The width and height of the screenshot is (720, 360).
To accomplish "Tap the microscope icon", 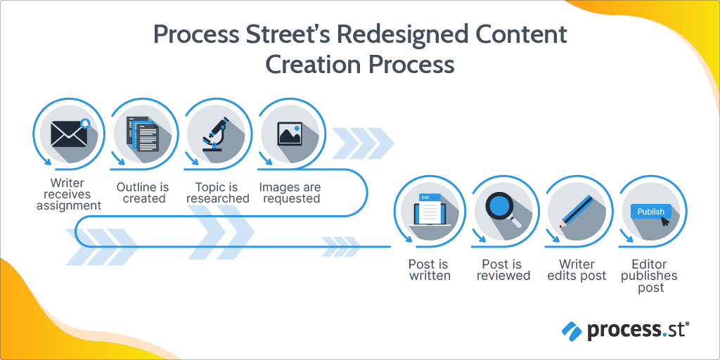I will tap(216, 132).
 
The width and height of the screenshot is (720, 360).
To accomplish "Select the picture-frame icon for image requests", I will tap(289, 132).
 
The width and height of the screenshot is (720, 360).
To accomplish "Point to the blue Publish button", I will tap(650, 211).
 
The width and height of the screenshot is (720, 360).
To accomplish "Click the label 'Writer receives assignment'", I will tap(69, 194).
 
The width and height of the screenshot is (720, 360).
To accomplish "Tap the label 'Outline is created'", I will tap(143, 193).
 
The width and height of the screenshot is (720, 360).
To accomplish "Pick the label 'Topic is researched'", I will tap(217, 193).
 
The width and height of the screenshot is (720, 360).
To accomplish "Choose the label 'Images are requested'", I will tap(290, 193).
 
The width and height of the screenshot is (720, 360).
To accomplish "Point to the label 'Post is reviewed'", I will tap(503, 270).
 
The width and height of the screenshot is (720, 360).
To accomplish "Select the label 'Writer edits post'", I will tap(577, 270).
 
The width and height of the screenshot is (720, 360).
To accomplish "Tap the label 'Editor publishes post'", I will tap(650, 276).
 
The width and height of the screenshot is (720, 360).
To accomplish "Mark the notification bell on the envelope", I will tap(85, 124).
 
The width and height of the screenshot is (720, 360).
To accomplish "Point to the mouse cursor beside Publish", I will tap(665, 221).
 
